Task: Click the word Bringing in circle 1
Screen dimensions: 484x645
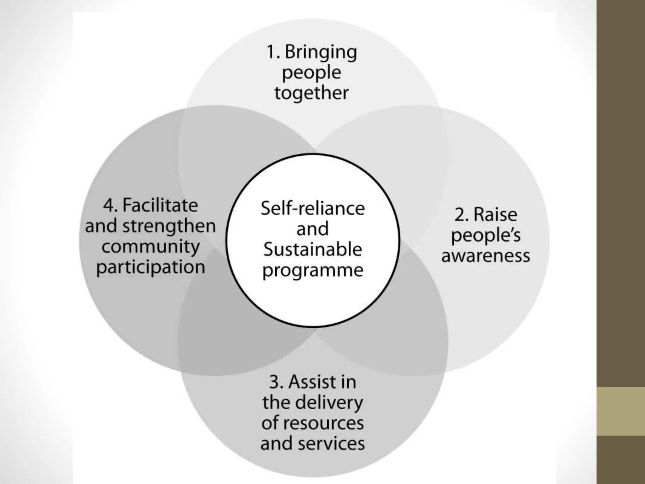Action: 321,52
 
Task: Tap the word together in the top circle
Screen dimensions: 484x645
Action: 311,93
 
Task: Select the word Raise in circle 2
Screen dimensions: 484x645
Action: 495,215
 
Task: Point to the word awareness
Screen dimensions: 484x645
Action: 485,256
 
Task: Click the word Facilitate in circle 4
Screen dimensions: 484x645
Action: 160,205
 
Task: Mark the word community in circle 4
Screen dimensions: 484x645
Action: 151,247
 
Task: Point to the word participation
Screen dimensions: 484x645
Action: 151,268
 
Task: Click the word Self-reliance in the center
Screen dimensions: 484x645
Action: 312,209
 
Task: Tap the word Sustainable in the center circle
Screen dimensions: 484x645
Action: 312,250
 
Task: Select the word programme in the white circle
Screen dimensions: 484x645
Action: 312,271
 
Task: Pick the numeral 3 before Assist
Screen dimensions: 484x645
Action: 274,382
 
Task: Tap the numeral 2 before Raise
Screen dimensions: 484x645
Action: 459,215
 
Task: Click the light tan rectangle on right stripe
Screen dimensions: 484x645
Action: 620,411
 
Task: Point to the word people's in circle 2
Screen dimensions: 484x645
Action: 486,236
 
